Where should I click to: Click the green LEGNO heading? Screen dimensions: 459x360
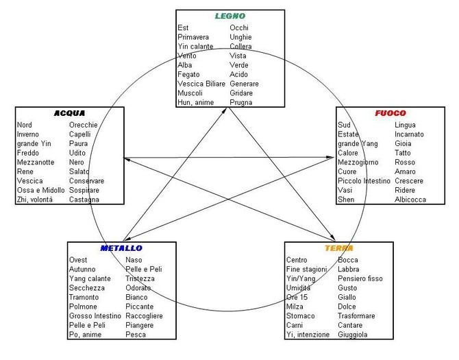point(230,16)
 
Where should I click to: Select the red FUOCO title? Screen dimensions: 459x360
point(390,113)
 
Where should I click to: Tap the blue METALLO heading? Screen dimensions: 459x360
point(121,248)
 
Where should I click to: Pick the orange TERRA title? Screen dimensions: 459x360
point(339,248)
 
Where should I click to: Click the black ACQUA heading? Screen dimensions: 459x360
point(70,113)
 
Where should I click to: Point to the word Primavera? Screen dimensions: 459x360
point(193,37)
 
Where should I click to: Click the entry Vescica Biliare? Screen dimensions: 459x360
point(201,84)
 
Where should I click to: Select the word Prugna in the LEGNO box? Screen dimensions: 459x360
point(241,103)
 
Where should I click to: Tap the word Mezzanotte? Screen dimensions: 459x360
point(36,163)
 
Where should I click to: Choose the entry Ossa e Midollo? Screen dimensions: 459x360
point(40,190)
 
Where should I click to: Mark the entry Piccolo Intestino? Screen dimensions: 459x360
point(364,181)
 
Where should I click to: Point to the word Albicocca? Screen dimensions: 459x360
point(410,200)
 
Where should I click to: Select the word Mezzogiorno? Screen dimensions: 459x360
point(358,163)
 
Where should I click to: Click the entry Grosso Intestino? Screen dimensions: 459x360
point(95,315)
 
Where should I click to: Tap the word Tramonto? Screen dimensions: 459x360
point(84,297)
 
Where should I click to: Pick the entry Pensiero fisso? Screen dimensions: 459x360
point(360,278)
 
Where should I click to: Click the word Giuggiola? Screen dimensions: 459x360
point(352,335)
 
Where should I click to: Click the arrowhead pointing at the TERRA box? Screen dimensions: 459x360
point(332,237)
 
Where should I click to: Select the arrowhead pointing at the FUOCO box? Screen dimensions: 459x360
point(330,157)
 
